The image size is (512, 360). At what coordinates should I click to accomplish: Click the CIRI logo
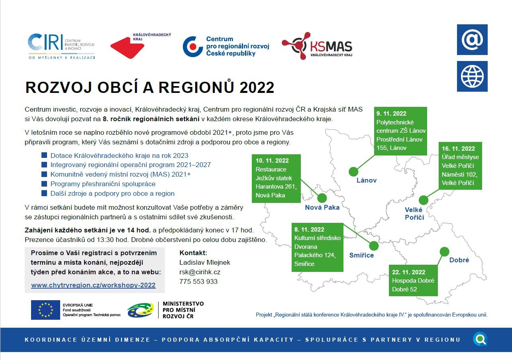(61, 46)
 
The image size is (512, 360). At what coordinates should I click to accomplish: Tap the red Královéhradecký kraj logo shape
(127, 47)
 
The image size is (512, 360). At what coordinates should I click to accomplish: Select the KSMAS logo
(317, 46)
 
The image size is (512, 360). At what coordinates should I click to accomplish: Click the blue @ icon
(472, 39)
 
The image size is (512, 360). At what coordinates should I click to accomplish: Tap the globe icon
(472, 77)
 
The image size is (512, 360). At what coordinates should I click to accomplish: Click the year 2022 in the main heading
(257, 88)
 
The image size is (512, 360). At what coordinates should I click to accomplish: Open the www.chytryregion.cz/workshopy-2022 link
(93, 285)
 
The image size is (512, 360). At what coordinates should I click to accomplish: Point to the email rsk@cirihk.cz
(200, 272)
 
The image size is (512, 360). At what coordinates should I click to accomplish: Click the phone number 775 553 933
(198, 281)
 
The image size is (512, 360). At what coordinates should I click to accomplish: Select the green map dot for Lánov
(353, 171)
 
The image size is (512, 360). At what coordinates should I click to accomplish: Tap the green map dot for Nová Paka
(322, 198)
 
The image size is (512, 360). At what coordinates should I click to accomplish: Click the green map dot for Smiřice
(374, 246)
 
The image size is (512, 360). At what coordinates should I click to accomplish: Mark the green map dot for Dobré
(444, 252)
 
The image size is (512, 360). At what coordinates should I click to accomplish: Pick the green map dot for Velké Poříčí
(424, 200)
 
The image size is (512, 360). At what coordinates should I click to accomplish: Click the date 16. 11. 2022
(458, 149)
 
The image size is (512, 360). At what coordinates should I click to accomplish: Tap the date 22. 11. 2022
(409, 272)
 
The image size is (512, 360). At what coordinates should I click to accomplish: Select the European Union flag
(45, 310)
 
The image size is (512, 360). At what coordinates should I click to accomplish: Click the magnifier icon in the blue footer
(480, 339)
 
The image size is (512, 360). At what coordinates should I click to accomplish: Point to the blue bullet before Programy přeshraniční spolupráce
(44, 184)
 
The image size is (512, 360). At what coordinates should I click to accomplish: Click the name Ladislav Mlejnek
(205, 263)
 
